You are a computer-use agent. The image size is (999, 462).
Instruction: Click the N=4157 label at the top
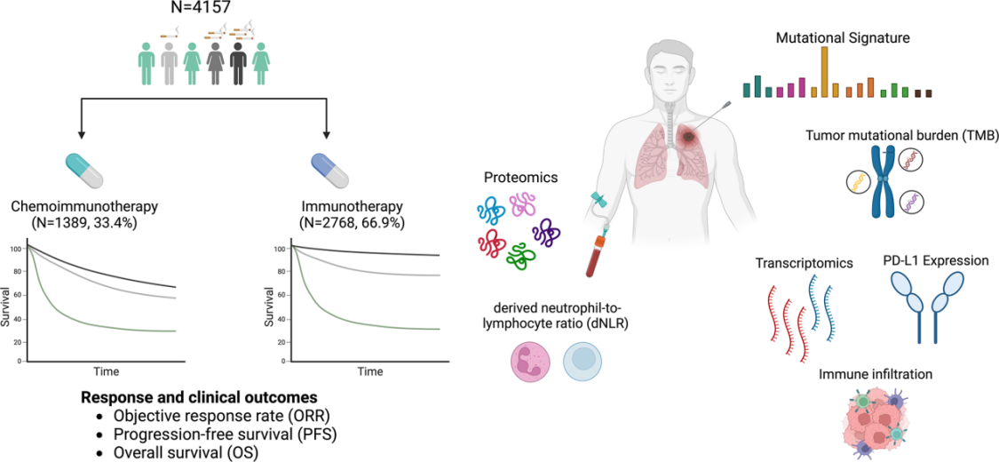206,10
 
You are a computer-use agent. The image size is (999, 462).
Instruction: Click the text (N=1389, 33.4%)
84,222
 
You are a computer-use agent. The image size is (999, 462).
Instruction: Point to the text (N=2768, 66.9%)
328,222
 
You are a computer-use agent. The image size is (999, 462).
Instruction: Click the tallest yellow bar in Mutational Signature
824,71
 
